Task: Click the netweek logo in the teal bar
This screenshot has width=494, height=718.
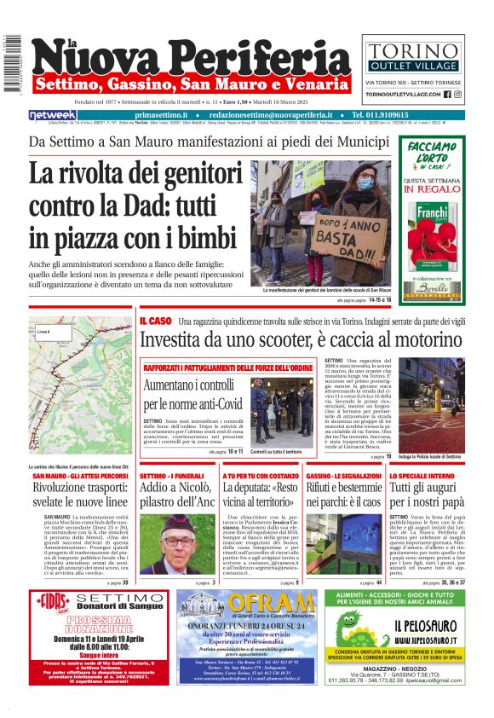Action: coord(53,115)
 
